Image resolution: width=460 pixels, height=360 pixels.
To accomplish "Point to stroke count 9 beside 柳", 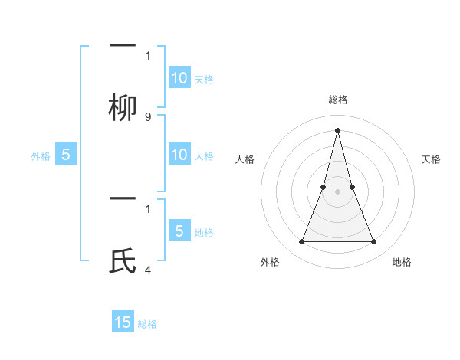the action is [x=148, y=117].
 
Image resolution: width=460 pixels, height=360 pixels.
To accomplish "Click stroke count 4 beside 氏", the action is [x=148, y=270].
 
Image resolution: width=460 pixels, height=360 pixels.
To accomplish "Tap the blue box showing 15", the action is [x=123, y=322].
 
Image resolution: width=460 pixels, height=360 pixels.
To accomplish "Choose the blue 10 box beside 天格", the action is [x=179, y=78].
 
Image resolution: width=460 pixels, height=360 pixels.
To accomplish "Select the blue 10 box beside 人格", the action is [x=179, y=155].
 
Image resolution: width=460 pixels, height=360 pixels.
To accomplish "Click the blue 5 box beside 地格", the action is [x=179, y=231].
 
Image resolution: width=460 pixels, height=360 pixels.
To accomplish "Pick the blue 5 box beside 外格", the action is [x=66, y=155].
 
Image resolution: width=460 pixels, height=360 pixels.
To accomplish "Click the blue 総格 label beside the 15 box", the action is [x=147, y=324].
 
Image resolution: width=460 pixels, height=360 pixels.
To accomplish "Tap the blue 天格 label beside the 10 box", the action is [x=204, y=79].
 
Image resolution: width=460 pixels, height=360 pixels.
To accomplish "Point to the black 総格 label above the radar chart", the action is [x=338, y=100].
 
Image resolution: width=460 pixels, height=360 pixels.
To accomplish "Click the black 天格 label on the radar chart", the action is [x=431, y=159].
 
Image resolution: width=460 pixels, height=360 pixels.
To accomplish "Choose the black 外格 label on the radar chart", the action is [x=270, y=262].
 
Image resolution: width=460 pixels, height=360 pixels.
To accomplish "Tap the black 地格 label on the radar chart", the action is [x=402, y=262].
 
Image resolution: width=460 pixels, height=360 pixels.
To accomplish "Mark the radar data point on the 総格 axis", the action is [x=337, y=129].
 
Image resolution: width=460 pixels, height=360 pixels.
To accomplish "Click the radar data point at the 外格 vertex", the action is [x=301, y=242].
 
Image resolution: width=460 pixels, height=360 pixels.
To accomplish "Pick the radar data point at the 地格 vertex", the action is [x=374, y=242].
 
